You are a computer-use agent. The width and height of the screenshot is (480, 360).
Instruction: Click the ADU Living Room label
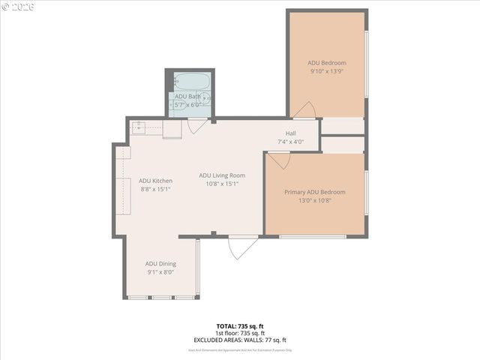point(222,175)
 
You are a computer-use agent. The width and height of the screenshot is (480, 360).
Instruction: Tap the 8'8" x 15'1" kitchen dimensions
point(156,189)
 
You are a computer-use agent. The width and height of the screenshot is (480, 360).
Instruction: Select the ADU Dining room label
point(160,264)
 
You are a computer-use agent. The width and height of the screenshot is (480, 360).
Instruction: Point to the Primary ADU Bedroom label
point(314,192)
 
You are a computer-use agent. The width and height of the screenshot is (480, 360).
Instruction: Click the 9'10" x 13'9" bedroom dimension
point(326,71)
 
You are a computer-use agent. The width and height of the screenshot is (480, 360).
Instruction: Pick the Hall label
point(290,133)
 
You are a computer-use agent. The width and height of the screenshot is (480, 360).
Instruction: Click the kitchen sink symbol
point(139,128)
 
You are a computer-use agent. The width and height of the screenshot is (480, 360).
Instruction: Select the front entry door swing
point(241,247)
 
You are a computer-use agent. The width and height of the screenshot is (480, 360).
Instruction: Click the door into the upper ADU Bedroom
point(304,112)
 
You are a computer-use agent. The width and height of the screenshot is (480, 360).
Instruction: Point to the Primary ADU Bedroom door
point(279,160)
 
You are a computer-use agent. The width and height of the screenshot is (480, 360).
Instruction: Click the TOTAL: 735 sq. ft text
point(240,326)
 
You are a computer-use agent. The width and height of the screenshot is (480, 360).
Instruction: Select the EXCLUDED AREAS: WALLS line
point(240,340)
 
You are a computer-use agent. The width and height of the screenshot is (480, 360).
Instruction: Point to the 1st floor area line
point(240,333)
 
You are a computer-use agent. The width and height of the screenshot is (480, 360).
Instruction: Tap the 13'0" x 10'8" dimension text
point(314,200)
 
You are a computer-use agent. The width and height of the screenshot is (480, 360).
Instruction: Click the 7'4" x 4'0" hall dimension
point(290,142)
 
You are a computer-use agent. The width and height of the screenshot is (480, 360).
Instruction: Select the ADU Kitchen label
point(156,181)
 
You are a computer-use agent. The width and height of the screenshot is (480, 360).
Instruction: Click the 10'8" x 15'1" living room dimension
point(222,184)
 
